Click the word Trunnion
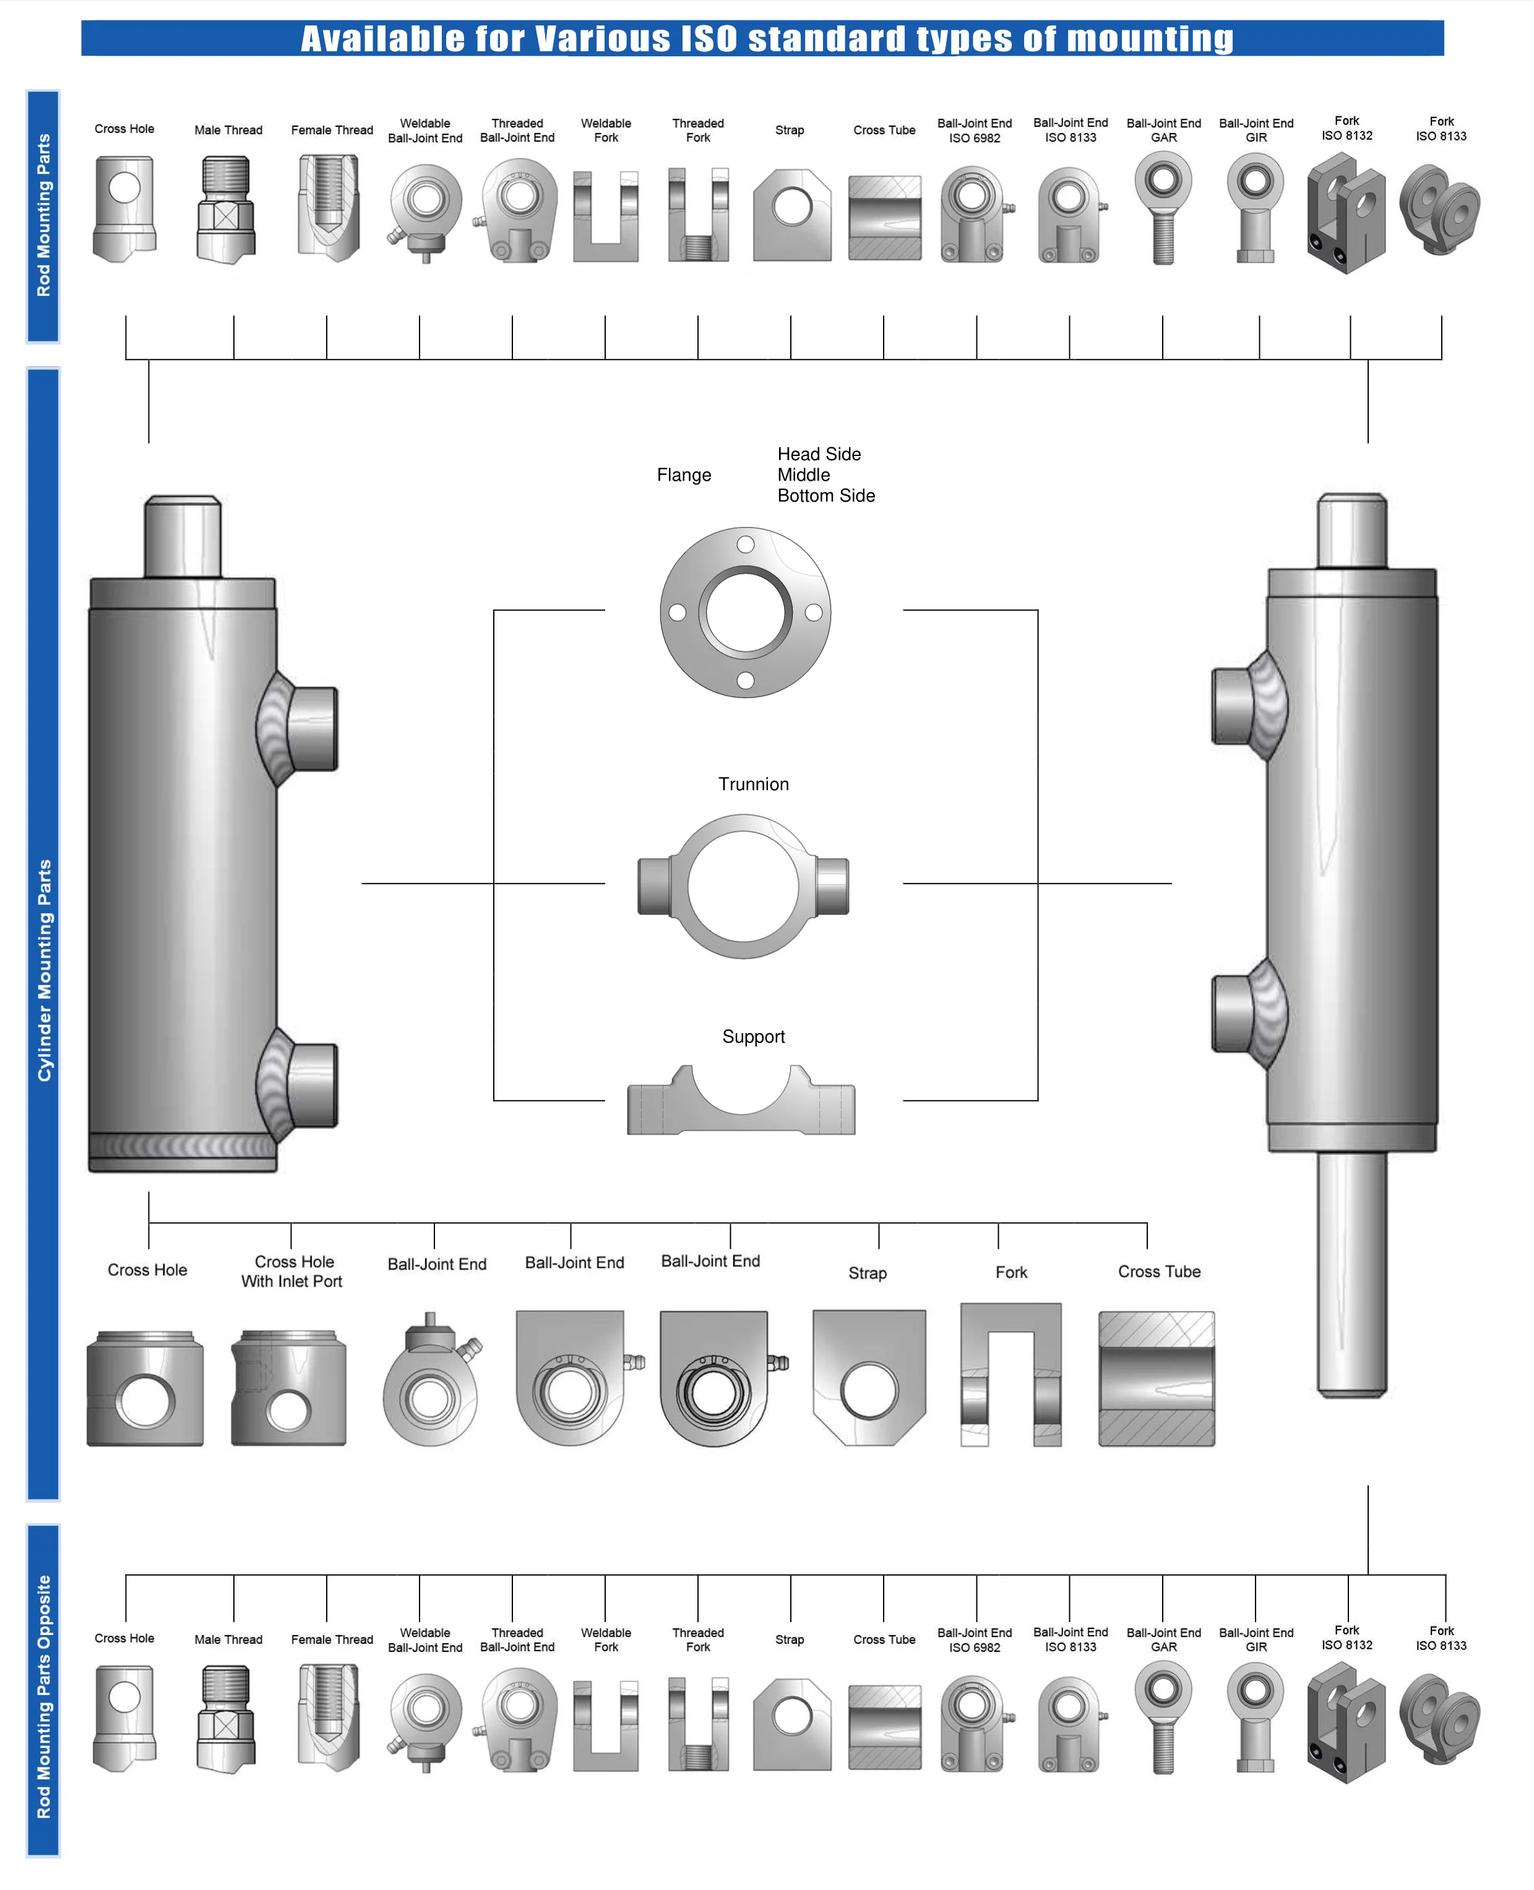pos(753,784)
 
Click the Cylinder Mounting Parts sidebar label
pos(43,970)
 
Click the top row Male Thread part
pos(226,209)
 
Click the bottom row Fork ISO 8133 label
pos(1441,1638)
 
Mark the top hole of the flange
pos(745,544)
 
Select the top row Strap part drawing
pos(791,217)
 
